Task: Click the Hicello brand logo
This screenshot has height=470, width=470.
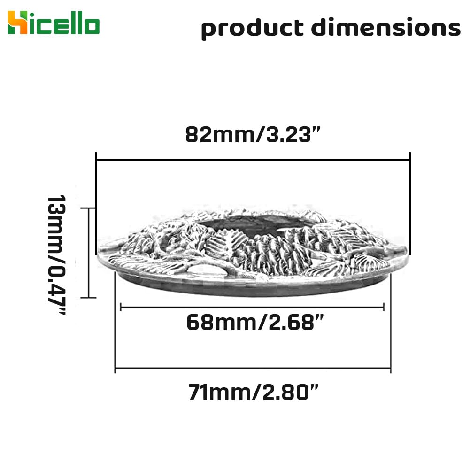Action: (x=54, y=23)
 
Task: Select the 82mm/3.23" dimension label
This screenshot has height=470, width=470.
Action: (x=253, y=135)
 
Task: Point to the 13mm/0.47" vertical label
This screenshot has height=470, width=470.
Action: (x=57, y=254)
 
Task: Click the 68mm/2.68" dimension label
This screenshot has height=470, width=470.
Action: (x=255, y=323)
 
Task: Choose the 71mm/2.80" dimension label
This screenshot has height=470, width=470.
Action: (x=253, y=392)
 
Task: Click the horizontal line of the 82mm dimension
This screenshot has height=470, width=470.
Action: (x=253, y=160)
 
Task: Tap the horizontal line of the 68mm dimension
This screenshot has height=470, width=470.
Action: (x=252, y=307)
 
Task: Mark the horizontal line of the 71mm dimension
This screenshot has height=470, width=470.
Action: (x=253, y=368)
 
